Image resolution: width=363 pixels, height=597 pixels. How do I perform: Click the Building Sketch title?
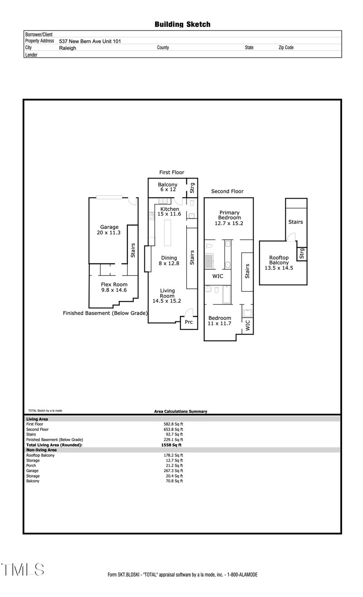pyautogui.click(x=182, y=24)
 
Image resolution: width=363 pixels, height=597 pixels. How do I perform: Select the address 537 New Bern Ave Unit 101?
pyautogui.click(x=90, y=41)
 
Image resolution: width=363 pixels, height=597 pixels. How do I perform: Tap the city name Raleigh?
pyautogui.click(x=68, y=48)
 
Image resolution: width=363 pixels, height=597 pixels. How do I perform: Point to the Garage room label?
pyautogui.click(x=109, y=230)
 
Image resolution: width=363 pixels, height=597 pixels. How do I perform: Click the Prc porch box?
pyautogui.click(x=189, y=322)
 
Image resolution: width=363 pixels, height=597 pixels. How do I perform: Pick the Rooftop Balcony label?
pyautogui.click(x=279, y=263)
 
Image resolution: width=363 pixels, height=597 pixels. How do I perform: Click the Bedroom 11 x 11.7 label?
pyautogui.click(x=220, y=321)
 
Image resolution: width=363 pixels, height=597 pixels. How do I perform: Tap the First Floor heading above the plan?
pyautogui.click(x=172, y=172)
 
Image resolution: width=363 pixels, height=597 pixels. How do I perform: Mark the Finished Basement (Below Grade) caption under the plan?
pyautogui.click(x=105, y=313)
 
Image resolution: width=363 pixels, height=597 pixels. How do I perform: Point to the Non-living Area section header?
pyautogui.click(x=41, y=450)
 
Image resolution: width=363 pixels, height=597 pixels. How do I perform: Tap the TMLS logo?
pyautogui.click(x=23, y=570)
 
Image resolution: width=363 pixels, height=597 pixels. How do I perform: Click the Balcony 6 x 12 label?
pyautogui.click(x=167, y=187)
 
